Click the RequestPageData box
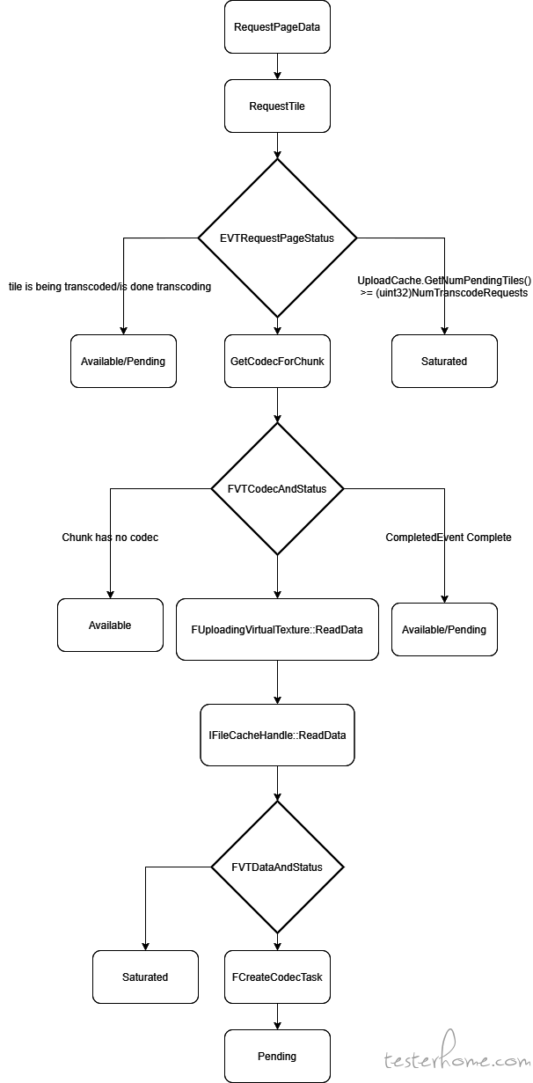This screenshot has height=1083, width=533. [277, 27]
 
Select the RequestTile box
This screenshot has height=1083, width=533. [277, 106]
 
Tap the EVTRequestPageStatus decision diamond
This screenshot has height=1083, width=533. [277, 238]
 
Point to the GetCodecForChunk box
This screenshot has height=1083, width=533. [277, 362]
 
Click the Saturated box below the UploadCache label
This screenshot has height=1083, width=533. [444, 362]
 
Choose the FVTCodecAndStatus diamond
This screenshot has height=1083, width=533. [277, 489]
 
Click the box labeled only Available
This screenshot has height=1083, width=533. [110, 626]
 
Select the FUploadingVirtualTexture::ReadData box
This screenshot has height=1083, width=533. [277, 630]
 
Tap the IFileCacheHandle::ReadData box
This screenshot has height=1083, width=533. [277, 735]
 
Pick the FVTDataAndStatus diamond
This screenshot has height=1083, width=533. [277, 867]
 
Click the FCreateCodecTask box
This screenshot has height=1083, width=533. [277, 977]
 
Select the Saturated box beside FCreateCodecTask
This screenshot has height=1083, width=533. [145, 977]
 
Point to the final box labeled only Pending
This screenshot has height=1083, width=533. [277, 1056]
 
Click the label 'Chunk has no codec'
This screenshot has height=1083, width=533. [110, 538]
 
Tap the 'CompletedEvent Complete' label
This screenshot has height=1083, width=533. [449, 538]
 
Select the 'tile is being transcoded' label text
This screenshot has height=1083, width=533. [110, 287]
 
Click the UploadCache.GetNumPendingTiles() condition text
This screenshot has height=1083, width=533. [444, 286]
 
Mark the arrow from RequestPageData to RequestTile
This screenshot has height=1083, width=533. [277, 66]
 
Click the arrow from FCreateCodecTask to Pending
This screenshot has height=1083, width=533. [277, 1017]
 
